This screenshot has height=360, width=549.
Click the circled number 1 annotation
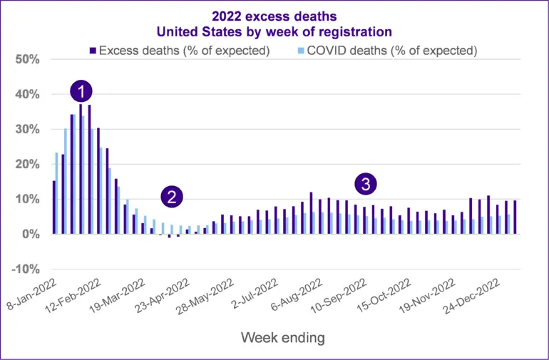coord(81,92)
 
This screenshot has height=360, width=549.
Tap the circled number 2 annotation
coord(172,197)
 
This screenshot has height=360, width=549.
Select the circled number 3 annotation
coord(366,184)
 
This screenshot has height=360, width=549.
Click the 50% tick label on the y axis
coord(28,60)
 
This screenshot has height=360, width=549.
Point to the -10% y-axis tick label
coord(25,269)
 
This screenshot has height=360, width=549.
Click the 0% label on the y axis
coord(31,235)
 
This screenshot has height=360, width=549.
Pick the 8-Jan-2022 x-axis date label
coord(32,294)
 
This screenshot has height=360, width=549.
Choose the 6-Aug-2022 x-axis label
coord(297,295)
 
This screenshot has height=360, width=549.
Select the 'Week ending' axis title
coord(283,338)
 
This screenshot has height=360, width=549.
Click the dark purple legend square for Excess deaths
coord(93,51)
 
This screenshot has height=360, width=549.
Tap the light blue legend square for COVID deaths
coord(301,51)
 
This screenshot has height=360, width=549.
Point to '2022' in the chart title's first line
coord(226,16)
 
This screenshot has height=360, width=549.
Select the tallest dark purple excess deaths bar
coord(81,169)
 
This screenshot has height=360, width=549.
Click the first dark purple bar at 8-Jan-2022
coord(54,207)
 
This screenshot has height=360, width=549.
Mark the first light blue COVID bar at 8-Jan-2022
coord(57,193)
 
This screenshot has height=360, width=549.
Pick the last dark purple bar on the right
coord(515,217)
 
